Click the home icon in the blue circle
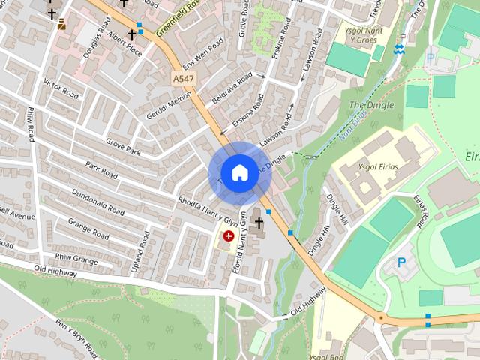(238, 173)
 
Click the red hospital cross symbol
(228, 235)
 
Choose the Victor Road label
(61, 89)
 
